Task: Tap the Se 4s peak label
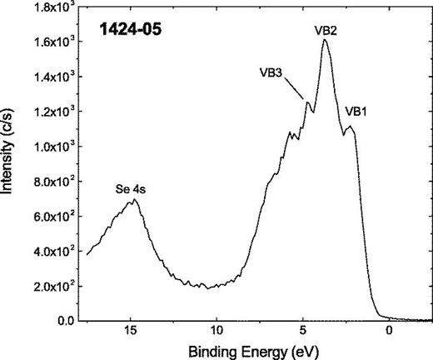coord(132,189)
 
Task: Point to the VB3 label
coord(274,72)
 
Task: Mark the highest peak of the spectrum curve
coord(324,40)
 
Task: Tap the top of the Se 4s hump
coord(133,200)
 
